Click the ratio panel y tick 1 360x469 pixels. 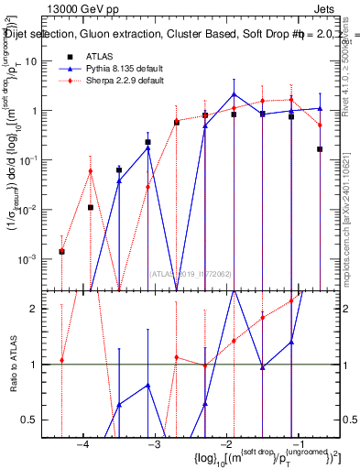(40, 365)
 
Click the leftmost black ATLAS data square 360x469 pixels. (61, 251)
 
